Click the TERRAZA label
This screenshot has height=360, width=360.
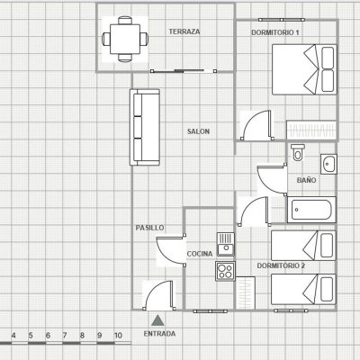(184, 31)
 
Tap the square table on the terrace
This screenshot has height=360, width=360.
(125, 39)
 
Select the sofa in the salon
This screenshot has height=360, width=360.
(145, 127)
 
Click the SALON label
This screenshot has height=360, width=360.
(198, 131)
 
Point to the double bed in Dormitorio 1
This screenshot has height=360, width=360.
(304, 69)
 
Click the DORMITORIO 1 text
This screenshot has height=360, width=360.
(275, 32)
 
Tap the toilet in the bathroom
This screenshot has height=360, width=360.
(298, 152)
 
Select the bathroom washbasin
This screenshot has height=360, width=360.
(328, 164)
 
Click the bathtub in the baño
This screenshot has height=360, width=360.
(311, 210)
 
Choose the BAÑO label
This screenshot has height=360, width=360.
(306, 180)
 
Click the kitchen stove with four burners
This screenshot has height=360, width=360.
(225, 271)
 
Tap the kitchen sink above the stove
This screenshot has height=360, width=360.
(226, 244)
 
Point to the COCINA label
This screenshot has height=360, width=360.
(200, 254)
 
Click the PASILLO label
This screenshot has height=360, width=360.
(149, 228)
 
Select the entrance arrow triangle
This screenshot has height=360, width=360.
(157, 320)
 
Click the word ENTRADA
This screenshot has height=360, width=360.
(159, 334)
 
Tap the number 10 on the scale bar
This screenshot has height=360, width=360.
(119, 336)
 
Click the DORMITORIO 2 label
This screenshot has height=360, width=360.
(281, 265)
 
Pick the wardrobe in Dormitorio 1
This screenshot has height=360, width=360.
(311, 130)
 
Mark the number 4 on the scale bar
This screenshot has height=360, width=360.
(13, 336)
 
